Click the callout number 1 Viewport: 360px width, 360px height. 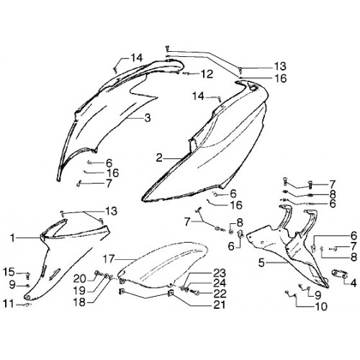tap(12, 238)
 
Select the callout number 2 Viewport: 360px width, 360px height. tap(159, 158)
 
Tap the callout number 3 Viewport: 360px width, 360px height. tap(148, 117)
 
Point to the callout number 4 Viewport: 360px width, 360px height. tap(354, 283)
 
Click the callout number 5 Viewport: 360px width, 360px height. tap(261, 263)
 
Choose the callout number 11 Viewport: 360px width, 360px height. tap(8, 304)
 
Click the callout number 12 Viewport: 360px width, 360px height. tap(207, 74)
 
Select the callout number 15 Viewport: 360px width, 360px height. tap(9, 272)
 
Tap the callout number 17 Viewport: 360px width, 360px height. tap(109, 259)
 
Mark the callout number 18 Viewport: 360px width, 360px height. tap(80, 302)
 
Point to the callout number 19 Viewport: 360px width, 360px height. tap(80, 291)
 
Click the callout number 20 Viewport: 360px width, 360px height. tap(79, 279)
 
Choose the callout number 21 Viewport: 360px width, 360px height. tap(220, 305)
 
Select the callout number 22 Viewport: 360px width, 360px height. tap(220, 293)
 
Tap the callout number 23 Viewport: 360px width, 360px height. tap(220, 273)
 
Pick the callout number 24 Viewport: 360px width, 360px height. tap(220, 283)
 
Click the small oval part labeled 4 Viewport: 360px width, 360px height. tap(338, 274)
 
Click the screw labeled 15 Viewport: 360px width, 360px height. tap(27, 276)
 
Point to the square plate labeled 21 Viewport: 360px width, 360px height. tap(171, 293)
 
